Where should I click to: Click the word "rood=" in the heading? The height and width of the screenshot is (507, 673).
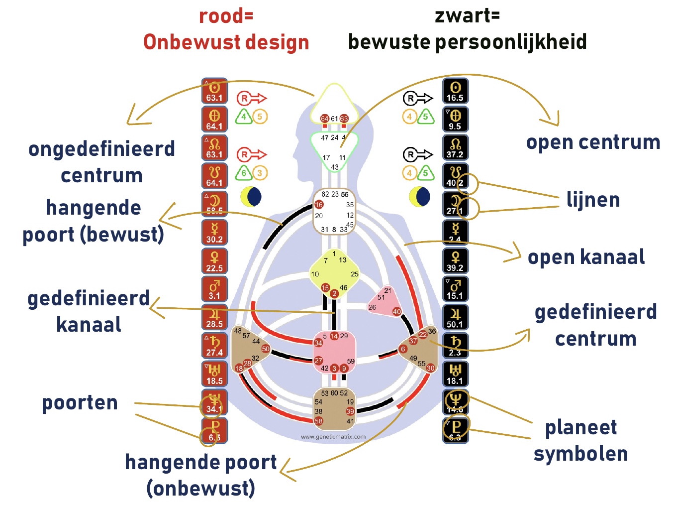click(x=226, y=16)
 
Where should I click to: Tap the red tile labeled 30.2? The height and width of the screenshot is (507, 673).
click(x=214, y=233)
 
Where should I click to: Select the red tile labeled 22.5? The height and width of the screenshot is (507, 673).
click(x=214, y=261)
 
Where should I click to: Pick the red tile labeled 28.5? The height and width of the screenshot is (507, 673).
click(x=214, y=318)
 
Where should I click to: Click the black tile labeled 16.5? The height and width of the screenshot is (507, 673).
click(x=455, y=91)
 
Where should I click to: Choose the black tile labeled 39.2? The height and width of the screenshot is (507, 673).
click(x=455, y=261)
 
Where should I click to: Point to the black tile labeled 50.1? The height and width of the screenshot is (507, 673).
click(x=455, y=318)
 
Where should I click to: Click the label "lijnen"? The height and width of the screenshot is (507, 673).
click(x=593, y=200)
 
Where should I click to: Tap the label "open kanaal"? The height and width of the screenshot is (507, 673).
click(x=586, y=257)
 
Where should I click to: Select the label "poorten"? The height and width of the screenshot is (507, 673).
click(x=80, y=402)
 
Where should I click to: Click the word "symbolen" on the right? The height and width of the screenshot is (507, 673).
click(x=580, y=454)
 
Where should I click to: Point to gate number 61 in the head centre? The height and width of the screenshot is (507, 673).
click(x=334, y=119)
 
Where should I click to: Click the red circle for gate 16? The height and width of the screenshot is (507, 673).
click(x=319, y=204)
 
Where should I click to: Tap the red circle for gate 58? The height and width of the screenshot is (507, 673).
click(x=318, y=421)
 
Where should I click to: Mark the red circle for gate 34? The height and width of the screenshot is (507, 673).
click(x=318, y=343)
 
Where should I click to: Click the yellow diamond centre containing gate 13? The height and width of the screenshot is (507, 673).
click(x=334, y=273)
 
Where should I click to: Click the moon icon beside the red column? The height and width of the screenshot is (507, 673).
click(x=251, y=197)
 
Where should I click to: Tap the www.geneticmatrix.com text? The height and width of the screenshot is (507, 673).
click(x=333, y=437)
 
